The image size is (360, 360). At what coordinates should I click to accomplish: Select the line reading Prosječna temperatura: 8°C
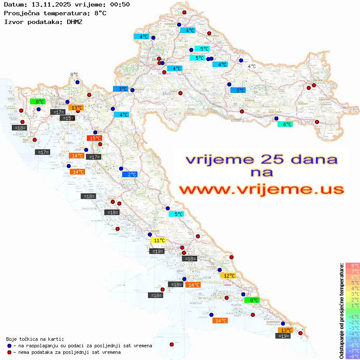[x=55, y=13]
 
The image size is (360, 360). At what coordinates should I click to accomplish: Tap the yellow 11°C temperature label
[x=158, y=240]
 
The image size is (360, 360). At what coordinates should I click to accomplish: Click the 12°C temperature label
[x=229, y=276]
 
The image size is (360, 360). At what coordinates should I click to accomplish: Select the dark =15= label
[x=67, y=118]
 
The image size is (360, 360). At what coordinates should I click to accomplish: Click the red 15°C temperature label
[x=94, y=138]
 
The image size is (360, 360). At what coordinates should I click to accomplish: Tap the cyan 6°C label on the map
[x=285, y=124]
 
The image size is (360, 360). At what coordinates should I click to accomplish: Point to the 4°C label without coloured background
[x=252, y=66]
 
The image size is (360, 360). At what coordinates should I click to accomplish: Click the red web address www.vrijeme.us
[x=261, y=189]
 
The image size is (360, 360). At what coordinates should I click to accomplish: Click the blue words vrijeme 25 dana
[x=261, y=159]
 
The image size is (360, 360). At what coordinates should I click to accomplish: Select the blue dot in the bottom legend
[x=9, y=346]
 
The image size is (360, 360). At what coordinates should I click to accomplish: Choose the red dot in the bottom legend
[x=9, y=352]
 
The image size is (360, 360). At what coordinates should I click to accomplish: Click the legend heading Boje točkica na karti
[x=35, y=339]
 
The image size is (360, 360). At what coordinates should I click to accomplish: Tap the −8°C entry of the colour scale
[x=353, y=356]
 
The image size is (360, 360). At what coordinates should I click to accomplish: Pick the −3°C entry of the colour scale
[x=353, y=328]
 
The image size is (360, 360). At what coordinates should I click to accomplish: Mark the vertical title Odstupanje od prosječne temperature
[x=342, y=311]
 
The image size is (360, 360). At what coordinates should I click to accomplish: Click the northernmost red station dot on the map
[x=184, y=13]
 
